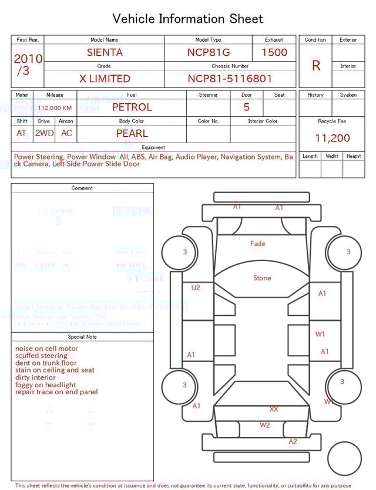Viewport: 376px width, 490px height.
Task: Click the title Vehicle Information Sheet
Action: [188, 19]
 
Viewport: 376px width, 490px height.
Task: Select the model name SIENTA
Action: [105, 52]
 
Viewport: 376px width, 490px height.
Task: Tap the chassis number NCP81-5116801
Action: [230, 79]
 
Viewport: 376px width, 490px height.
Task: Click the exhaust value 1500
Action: [274, 52]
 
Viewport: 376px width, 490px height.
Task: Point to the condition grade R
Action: [315, 66]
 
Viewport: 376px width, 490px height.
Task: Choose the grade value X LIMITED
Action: [105, 79]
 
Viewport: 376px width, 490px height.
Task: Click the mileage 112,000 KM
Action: [55, 108]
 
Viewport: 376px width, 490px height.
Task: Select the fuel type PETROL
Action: [132, 107]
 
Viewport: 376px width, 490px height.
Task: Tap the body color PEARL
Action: [132, 133]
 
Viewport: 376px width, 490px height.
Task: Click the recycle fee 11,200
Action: [332, 138]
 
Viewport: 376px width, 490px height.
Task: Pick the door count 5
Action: [246, 107]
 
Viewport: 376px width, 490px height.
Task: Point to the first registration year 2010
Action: [28, 59]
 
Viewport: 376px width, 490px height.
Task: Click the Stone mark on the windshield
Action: [262, 278]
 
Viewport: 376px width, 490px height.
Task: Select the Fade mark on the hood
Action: [257, 244]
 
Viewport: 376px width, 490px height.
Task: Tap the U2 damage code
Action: [196, 288]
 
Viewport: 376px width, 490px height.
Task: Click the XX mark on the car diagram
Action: [274, 408]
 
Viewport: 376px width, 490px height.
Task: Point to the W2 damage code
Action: [265, 425]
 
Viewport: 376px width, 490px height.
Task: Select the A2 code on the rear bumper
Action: [293, 441]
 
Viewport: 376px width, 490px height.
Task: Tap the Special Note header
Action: [82, 337]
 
